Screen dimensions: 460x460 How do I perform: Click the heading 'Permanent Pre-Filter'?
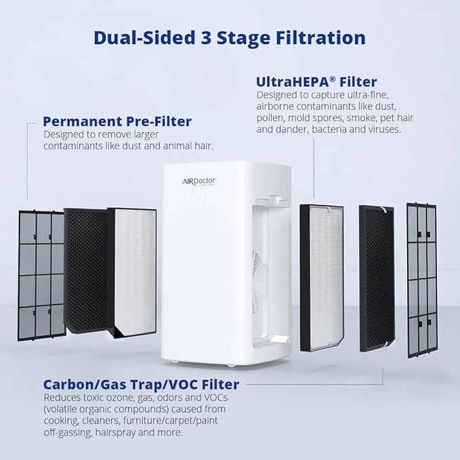[x=117, y=122]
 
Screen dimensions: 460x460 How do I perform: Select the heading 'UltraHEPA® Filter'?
[x=316, y=82]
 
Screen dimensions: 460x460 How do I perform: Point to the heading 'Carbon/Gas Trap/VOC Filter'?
[x=141, y=385]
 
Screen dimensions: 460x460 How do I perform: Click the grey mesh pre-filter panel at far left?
[x=41, y=274]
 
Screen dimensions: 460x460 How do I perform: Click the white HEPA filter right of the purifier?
[x=321, y=276]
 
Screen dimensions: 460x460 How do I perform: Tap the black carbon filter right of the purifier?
[x=375, y=278]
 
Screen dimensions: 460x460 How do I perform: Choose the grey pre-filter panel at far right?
[x=421, y=279]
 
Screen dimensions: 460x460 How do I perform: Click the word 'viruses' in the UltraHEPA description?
[x=381, y=129]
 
